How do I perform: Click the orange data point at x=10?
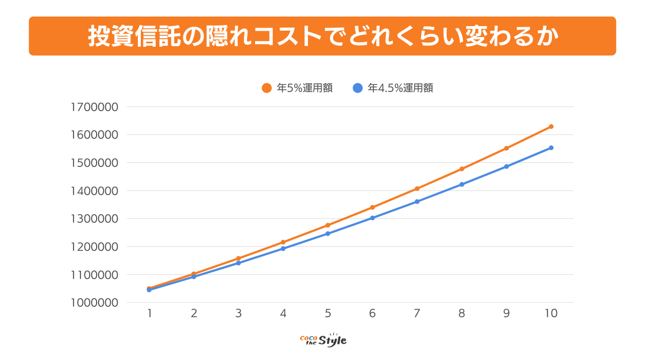coord(551,127)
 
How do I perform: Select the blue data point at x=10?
coord(551,148)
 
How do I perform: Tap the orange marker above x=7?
coord(417,189)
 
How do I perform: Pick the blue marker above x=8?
coord(462,185)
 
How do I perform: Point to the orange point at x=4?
coord(283,242)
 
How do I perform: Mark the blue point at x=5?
coord(328,234)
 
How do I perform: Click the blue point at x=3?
coord(238,263)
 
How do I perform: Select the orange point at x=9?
coord(506,148)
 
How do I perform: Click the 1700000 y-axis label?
coord(95,107)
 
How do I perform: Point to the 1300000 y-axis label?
coord(95,219)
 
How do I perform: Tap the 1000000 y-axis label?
coord(95,303)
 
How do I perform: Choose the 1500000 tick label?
coord(95,163)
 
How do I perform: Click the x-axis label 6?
coord(372,313)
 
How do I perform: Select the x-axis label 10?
coord(551,313)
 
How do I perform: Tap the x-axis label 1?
coord(149,313)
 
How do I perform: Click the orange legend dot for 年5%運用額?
coord(267,88)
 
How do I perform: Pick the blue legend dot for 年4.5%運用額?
coord(358,88)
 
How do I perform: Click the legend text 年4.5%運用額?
coord(400,88)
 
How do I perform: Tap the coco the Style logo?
coord(323,340)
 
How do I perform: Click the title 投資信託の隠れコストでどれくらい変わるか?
coord(322,36)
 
